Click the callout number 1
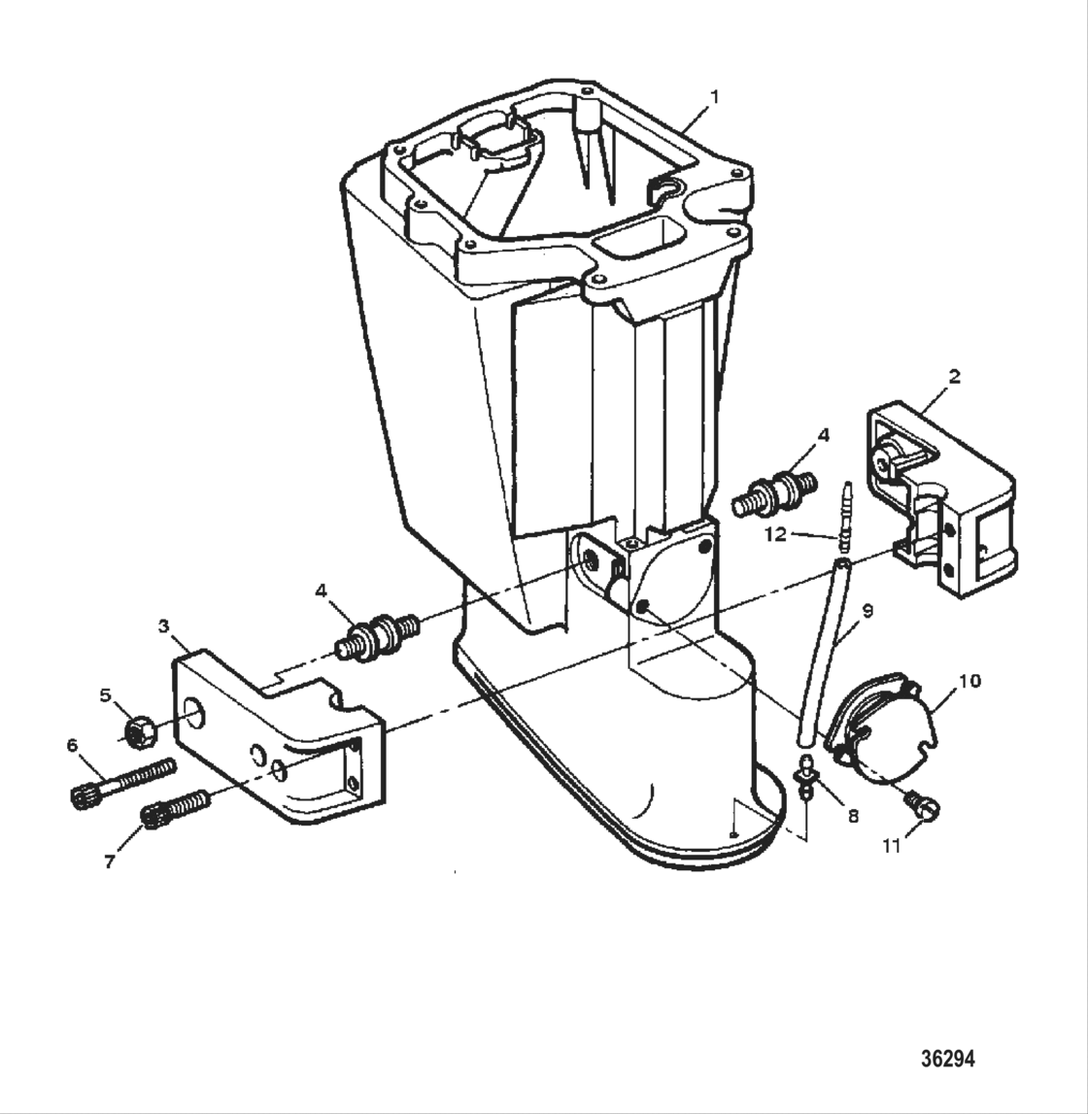(715, 97)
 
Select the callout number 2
(954, 377)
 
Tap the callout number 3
(164, 626)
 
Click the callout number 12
(774, 534)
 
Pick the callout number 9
(867, 611)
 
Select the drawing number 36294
(946, 1058)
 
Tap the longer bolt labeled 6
(122, 782)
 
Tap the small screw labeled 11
(918, 802)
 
